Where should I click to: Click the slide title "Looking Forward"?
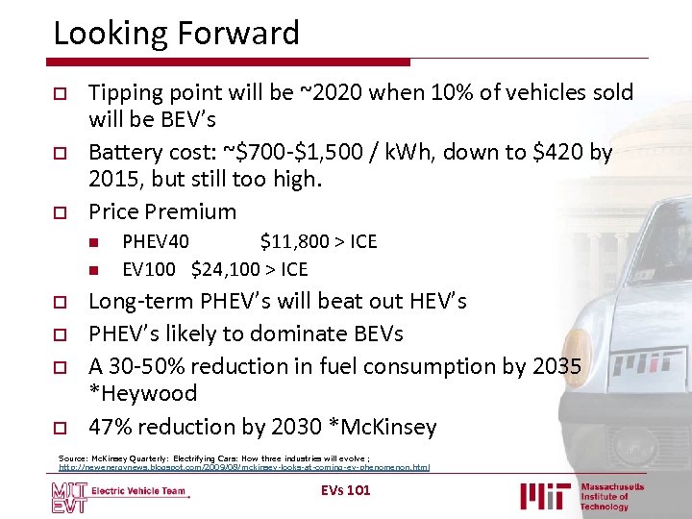(x=176, y=34)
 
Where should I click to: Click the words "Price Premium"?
(x=161, y=211)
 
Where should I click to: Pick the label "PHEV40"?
(x=156, y=241)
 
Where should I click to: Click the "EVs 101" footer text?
(x=345, y=491)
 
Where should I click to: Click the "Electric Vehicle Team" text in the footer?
(x=138, y=491)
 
